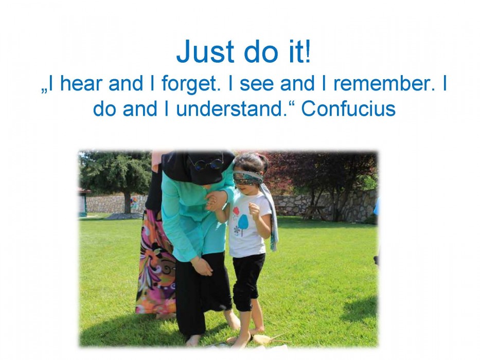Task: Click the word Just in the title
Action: tap(205, 51)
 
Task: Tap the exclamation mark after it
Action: tap(307, 51)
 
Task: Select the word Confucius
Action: tap(348, 109)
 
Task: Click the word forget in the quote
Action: tap(191, 84)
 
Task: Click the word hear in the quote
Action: tap(81, 83)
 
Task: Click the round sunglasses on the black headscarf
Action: tap(206, 164)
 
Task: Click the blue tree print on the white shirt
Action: tap(243, 224)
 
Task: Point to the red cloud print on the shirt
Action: tap(236, 211)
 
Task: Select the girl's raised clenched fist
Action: tap(254, 209)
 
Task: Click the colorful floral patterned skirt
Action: tap(156, 263)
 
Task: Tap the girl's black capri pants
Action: tap(248, 282)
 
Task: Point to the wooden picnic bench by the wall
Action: tap(315, 212)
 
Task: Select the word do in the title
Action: tap(260, 51)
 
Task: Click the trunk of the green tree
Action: tap(128, 203)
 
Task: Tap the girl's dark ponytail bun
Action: tap(262, 160)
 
